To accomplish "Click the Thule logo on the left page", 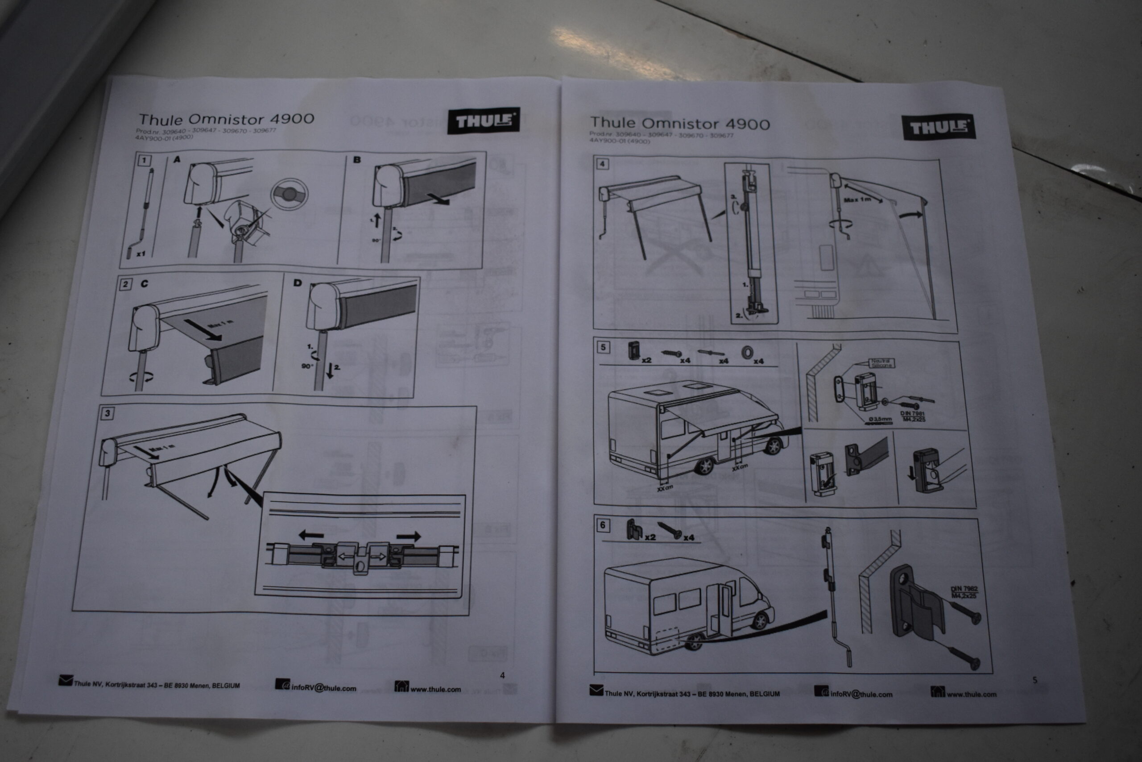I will (x=483, y=121).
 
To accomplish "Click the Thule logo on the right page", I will (x=939, y=128).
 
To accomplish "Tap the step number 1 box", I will (x=144, y=160).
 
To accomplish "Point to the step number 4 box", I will (x=602, y=164).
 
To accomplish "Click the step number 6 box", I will (x=603, y=525).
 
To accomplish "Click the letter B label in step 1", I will (x=357, y=159).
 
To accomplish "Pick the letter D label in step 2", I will (x=298, y=283).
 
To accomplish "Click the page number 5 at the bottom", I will (x=1034, y=680).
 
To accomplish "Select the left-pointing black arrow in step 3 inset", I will (x=311, y=536).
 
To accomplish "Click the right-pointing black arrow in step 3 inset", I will (x=408, y=537).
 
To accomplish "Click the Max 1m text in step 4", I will (x=857, y=200).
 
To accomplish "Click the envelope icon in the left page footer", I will (x=66, y=680).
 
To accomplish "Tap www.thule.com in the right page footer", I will (x=972, y=695).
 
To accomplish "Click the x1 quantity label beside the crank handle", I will (x=141, y=254).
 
